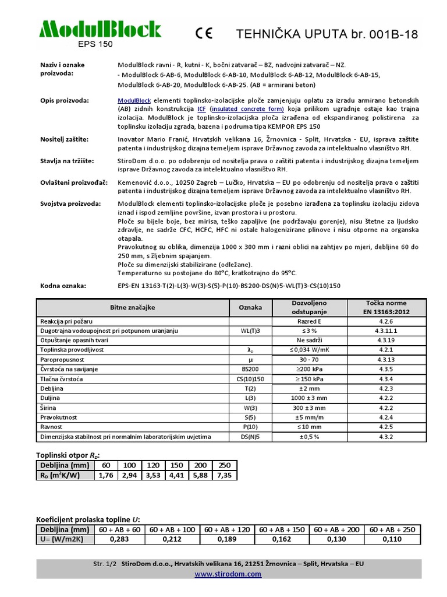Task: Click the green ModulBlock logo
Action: [x=100, y=29]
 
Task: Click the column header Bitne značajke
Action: [x=133, y=307]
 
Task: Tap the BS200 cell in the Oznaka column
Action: [x=250, y=368]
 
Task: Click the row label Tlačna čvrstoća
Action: [x=61, y=378]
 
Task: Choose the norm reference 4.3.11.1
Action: [x=386, y=331]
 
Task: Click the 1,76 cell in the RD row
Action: [x=105, y=475]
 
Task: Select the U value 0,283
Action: [x=119, y=539]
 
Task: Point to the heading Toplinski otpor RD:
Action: [x=72, y=455]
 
